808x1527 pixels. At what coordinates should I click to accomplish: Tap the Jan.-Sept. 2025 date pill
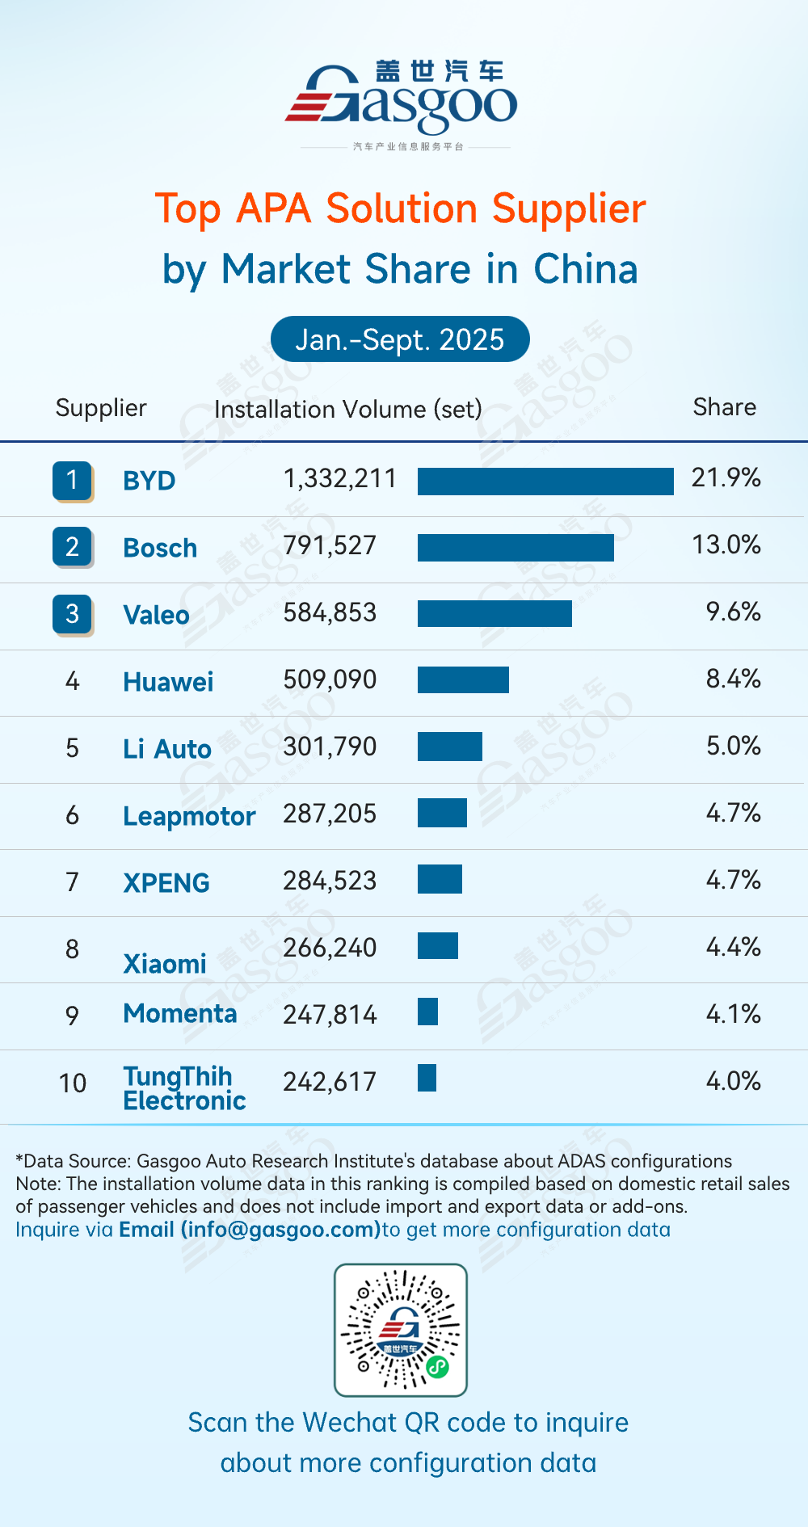click(400, 339)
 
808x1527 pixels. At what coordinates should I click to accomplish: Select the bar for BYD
click(545, 481)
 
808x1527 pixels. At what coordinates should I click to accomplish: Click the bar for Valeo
click(494, 613)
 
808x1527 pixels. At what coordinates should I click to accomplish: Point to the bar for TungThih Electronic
click(427, 1078)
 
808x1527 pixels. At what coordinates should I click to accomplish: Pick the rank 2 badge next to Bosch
click(72, 547)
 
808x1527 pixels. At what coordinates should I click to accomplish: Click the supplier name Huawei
click(168, 682)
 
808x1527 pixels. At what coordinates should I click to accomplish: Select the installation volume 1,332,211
click(339, 479)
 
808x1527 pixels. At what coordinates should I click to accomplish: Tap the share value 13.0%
click(726, 545)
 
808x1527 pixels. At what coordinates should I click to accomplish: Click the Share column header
click(724, 407)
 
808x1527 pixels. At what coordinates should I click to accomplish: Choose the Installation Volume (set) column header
click(347, 410)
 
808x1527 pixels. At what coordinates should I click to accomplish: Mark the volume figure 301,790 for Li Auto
click(330, 747)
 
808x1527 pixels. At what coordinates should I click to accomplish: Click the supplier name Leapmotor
click(189, 816)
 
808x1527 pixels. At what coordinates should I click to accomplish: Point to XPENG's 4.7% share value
click(733, 880)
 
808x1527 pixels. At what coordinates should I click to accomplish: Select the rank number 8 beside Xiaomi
click(72, 949)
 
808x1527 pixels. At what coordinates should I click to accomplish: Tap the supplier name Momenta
click(180, 1014)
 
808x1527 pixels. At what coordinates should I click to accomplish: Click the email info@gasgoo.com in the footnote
click(250, 1230)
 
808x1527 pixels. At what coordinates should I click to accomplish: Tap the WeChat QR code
click(401, 1330)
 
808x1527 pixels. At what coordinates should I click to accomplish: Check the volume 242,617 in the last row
click(330, 1082)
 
